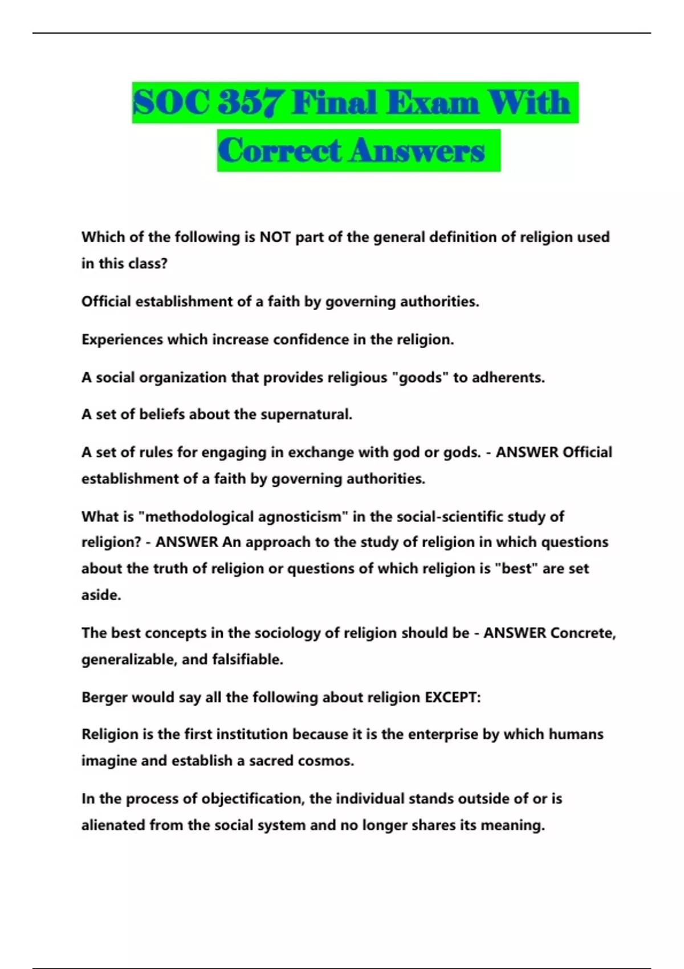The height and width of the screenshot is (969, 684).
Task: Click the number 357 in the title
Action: click(250, 103)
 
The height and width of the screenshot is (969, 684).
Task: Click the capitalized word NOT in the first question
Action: click(275, 237)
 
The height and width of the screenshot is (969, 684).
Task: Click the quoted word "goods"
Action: click(421, 377)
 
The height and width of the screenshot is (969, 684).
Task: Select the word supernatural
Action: click(306, 414)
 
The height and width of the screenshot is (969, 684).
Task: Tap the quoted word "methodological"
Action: click(196, 517)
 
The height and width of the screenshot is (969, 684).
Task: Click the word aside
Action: click(101, 595)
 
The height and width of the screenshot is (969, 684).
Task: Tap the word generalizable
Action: click(129, 659)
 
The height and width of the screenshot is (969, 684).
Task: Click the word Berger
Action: click(104, 698)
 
